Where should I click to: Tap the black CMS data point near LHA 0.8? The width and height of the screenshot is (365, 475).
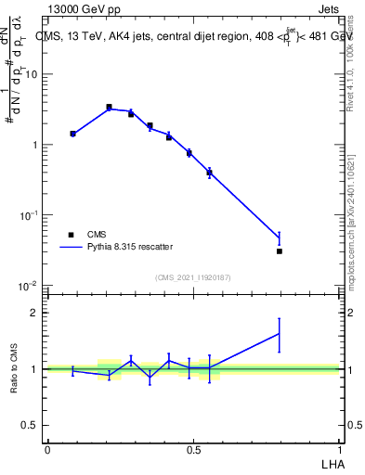[279, 250]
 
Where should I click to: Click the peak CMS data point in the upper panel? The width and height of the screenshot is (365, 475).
[109, 108]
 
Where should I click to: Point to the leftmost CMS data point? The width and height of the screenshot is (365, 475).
[72, 134]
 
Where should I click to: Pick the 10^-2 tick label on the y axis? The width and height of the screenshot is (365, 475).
[29, 285]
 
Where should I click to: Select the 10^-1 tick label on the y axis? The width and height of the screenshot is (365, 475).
[29, 215]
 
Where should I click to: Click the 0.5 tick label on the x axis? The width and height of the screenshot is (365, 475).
[193, 449]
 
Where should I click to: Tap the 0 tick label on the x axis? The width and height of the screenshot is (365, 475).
[47, 449]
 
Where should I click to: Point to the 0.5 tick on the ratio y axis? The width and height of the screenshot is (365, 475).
[31, 425]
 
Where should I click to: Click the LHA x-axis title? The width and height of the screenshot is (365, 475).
[331, 463]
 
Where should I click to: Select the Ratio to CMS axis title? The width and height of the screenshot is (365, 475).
[14, 368]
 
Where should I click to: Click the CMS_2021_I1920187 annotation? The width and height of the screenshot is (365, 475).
[193, 277]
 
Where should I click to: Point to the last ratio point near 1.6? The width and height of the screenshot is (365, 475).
[279, 334]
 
